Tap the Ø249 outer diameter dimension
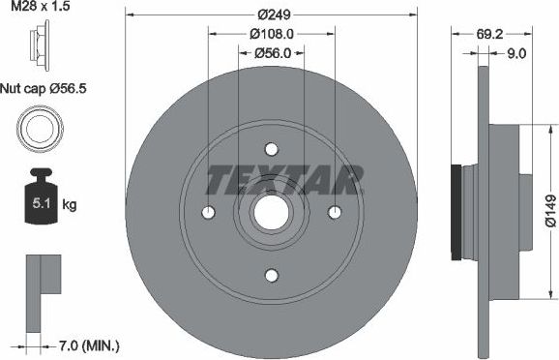272,15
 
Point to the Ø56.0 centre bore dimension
272,54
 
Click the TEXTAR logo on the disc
286,179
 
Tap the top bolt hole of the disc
271,149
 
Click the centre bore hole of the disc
271,213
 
